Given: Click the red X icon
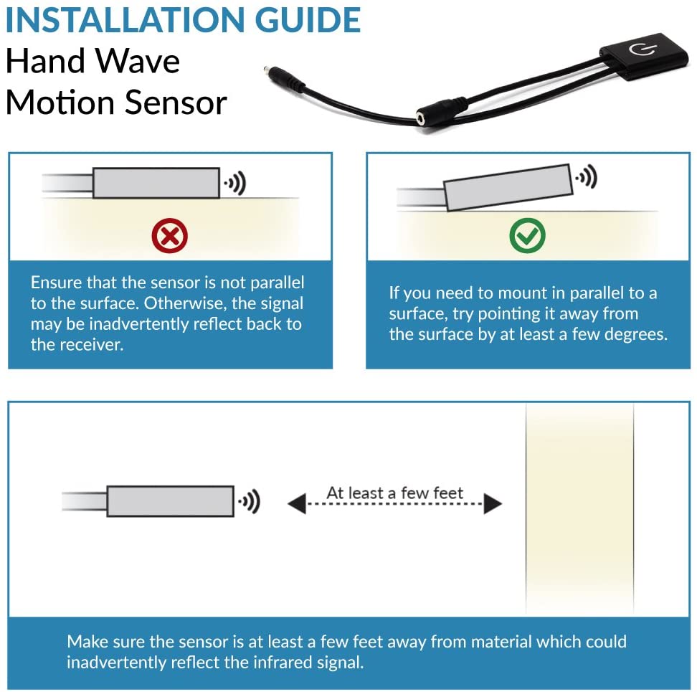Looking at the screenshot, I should (x=169, y=234).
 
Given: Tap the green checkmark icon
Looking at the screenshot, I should (x=527, y=234).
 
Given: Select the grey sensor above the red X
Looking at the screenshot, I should (x=156, y=183).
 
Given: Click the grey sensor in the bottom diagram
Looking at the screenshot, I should (x=170, y=501).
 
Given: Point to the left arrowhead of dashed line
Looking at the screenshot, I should (x=296, y=504).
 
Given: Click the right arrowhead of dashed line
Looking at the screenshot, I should (x=492, y=504).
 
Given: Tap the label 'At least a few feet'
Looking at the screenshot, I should (x=394, y=493).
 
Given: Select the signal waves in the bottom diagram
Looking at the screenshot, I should (x=250, y=502).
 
